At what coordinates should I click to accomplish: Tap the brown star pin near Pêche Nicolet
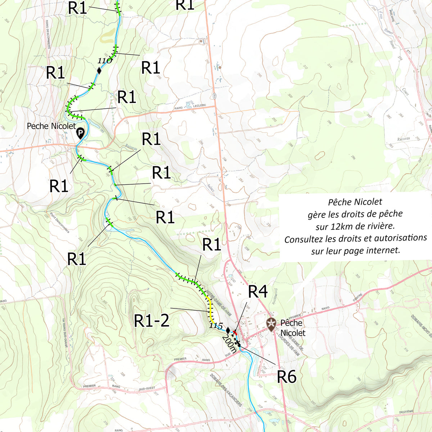point(271,323)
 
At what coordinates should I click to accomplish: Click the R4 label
point(258,292)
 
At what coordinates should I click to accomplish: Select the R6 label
point(287,377)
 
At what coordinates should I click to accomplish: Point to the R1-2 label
point(152,320)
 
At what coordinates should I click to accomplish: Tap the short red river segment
point(235,332)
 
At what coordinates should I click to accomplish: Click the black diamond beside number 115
point(228,329)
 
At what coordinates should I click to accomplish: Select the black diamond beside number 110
point(99,71)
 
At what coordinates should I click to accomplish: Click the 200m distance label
point(230,344)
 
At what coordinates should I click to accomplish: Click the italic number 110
point(105,60)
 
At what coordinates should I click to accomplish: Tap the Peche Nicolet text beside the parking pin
point(51,126)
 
